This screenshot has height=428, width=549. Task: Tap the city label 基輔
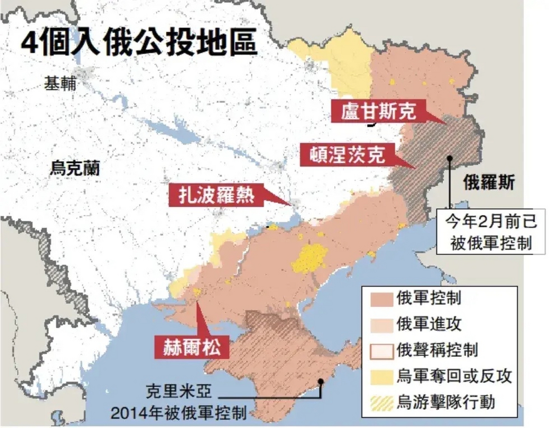pyautogui.click(x=60, y=83)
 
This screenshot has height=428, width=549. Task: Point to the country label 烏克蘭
pyautogui.click(x=75, y=168)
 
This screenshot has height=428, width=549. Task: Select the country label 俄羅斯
pyautogui.click(x=489, y=183)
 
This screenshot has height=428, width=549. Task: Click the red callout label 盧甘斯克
pyautogui.click(x=378, y=111)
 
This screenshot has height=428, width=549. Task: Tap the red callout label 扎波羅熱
pyautogui.click(x=216, y=195)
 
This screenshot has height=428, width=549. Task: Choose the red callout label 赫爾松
pyautogui.click(x=192, y=347)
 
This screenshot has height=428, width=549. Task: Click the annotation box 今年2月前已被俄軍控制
pyautogui.click(x=491, y=232)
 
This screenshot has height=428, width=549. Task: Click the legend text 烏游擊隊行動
pyautogui.click(x=446, y=402)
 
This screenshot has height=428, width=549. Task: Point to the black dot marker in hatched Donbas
pyautogui.click(x=450, y=158)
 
